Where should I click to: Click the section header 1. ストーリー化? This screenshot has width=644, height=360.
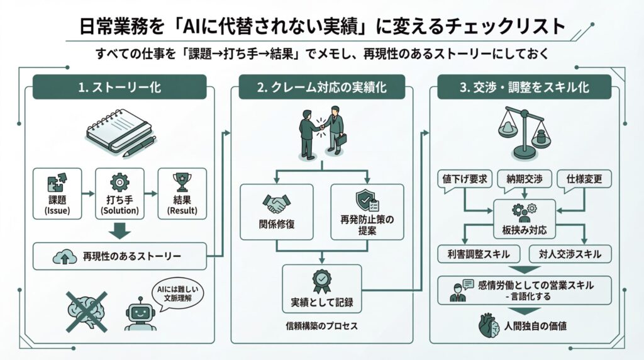pos(119,87)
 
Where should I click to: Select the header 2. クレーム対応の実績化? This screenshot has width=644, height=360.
pos(322,87)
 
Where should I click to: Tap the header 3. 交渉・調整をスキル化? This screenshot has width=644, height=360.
pos(525,87)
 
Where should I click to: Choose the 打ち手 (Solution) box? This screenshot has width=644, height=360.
pos(119,193)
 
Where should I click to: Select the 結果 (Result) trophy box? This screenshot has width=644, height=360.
pos(182,193)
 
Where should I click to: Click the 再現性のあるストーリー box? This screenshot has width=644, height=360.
pos(119,256)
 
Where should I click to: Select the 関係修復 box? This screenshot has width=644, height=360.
pos(277,211)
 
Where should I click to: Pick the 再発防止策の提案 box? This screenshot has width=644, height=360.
pos(367,211)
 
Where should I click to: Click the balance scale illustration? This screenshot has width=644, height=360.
pos(523,132)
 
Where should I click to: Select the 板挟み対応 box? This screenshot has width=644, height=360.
pos(525,217)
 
